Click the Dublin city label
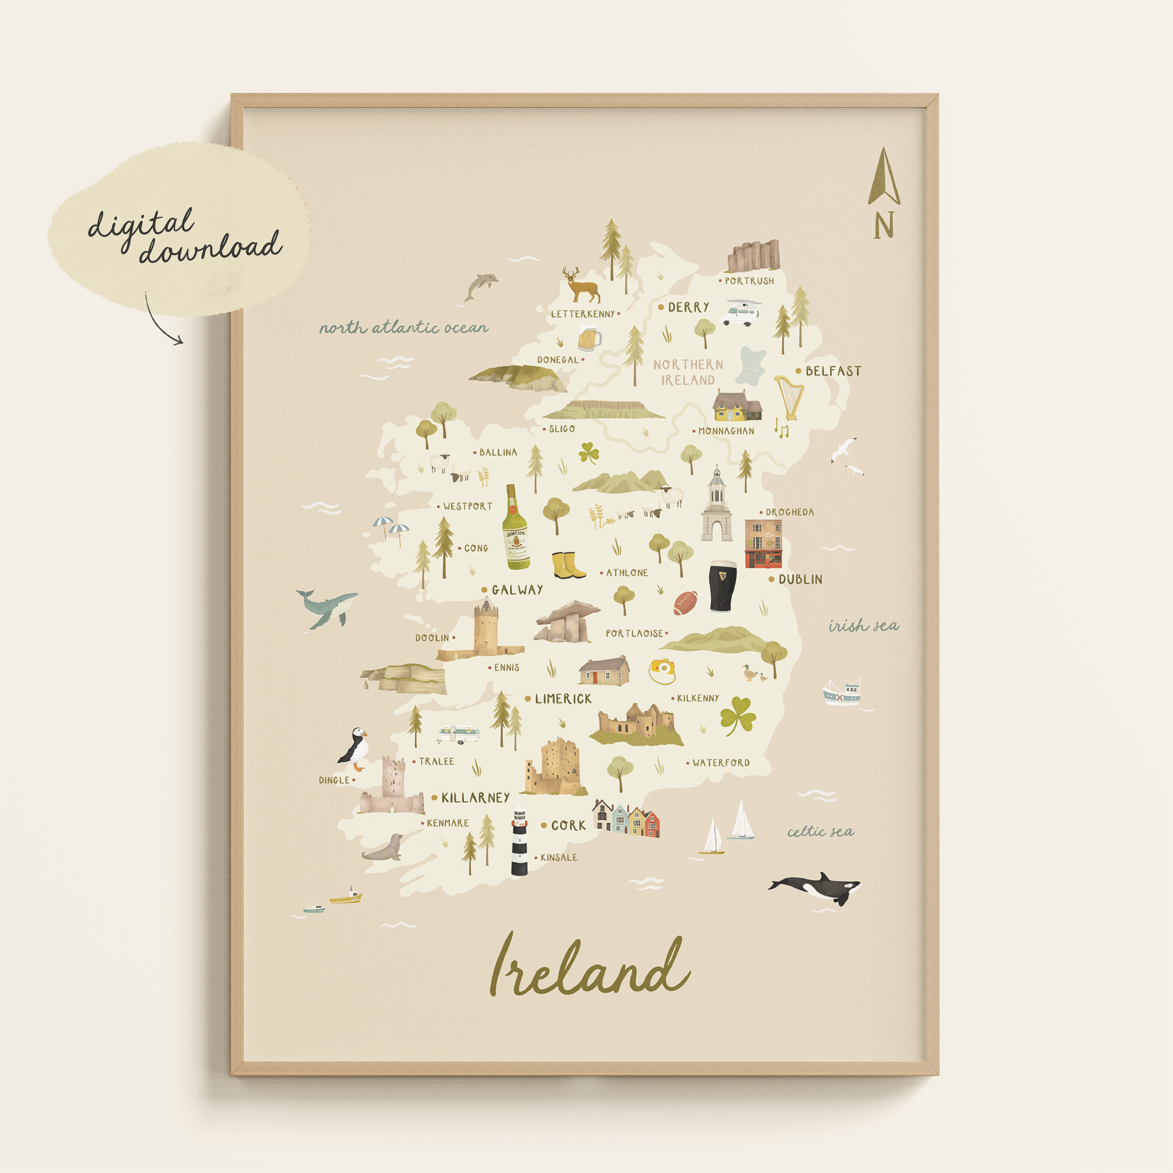(x=800, y=579)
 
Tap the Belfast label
(x=833, y=371)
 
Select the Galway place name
(x=517, y=589)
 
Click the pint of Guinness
(x=723, y=586)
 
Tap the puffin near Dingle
(x=354, y=748)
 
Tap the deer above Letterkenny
(x=581, y=286)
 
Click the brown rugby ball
(x=685, y=603)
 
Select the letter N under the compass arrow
(x=884, y=225)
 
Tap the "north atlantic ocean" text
(x=404, y=328)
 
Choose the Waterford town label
(x=721, y=762)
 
